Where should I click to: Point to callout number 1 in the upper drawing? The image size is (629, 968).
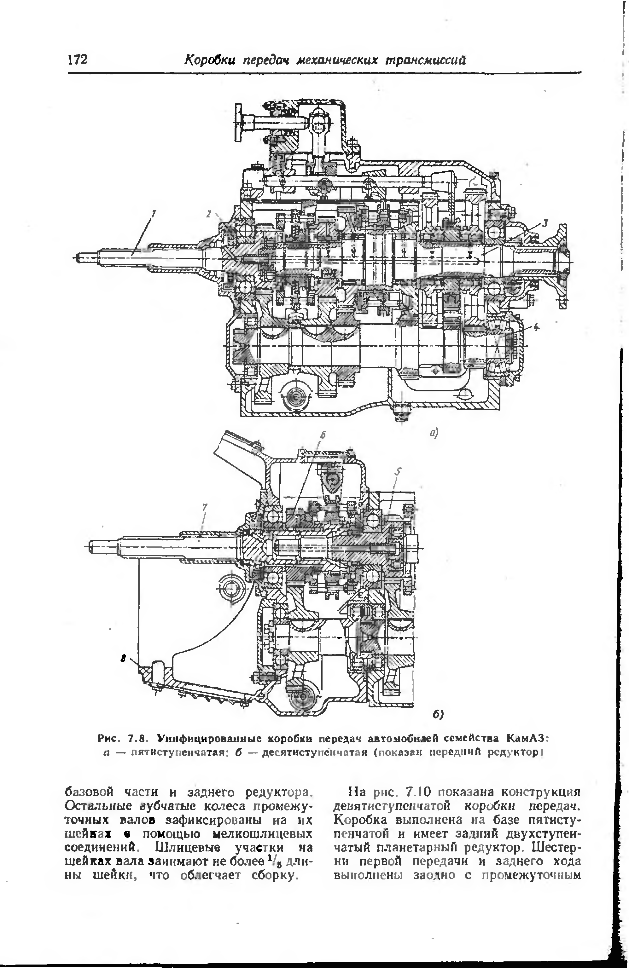[154, 212]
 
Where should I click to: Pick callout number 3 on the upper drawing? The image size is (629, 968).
[545, 223]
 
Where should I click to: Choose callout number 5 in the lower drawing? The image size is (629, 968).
[398, 471]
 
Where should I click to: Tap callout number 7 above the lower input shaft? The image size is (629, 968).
[205, 506]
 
